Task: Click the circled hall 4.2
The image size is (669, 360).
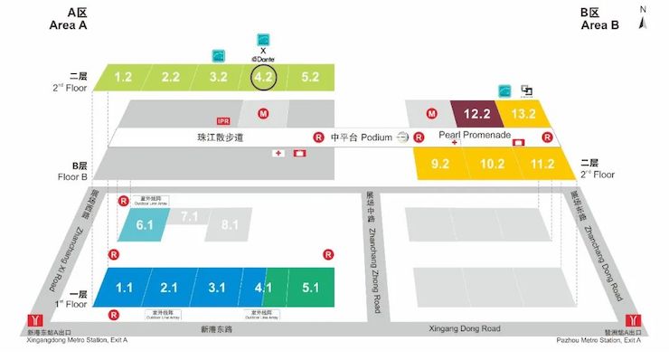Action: pos(263,78)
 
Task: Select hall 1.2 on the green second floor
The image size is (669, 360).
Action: pos(124,78)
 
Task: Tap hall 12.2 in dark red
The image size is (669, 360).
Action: pos(476,114)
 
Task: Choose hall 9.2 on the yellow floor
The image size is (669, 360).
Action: pos(440,165)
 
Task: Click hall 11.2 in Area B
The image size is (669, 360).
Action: pos(542,165)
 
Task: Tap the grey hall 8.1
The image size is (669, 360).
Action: pos(230,223)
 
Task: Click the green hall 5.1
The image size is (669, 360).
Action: pos(310,288)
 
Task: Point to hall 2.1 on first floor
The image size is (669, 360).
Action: pos(169,288)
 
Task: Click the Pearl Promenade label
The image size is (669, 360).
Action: pos(475,135)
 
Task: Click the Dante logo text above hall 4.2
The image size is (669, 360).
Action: pos(262,58)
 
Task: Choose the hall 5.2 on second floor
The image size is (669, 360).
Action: pos(310,78)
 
